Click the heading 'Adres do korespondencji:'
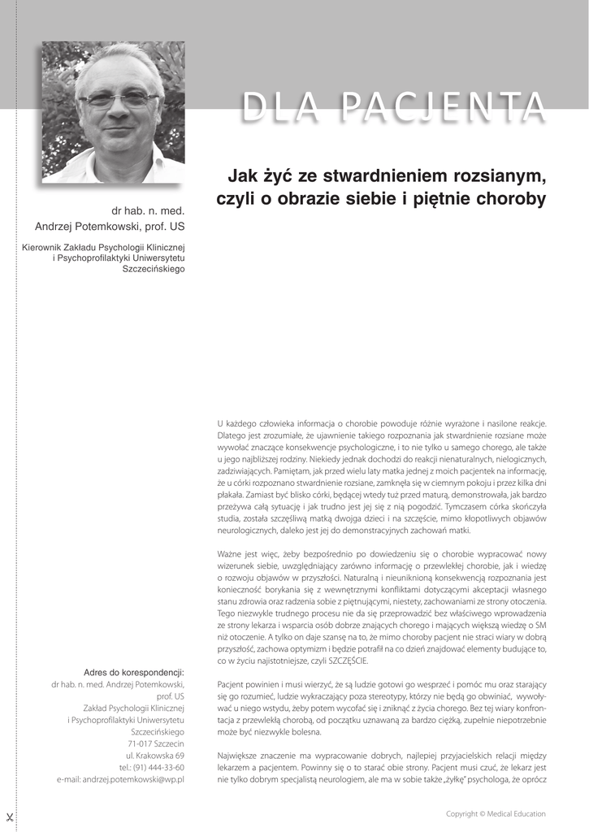pyautogui.click(x=134, y=672)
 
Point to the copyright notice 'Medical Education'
pyautogui.click(x=517, y=813)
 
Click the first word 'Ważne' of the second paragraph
pyautogui.click(x=231, y=556)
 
